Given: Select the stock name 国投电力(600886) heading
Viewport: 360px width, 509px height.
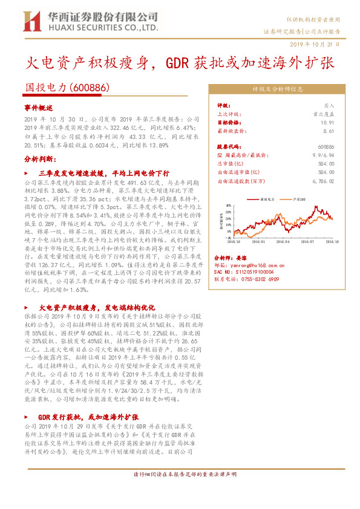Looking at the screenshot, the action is click(x=67, y=87).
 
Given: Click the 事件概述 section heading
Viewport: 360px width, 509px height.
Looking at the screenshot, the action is click(x=39, y=107).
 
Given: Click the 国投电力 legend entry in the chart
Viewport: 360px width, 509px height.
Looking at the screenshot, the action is click(x=266, y=198).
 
